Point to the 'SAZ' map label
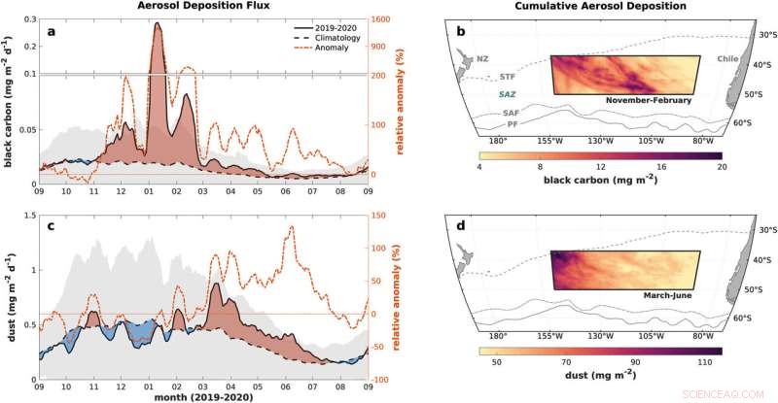tap(509, 93)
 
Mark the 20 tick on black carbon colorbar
tap(722, 166)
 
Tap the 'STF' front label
tap(508, 76)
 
